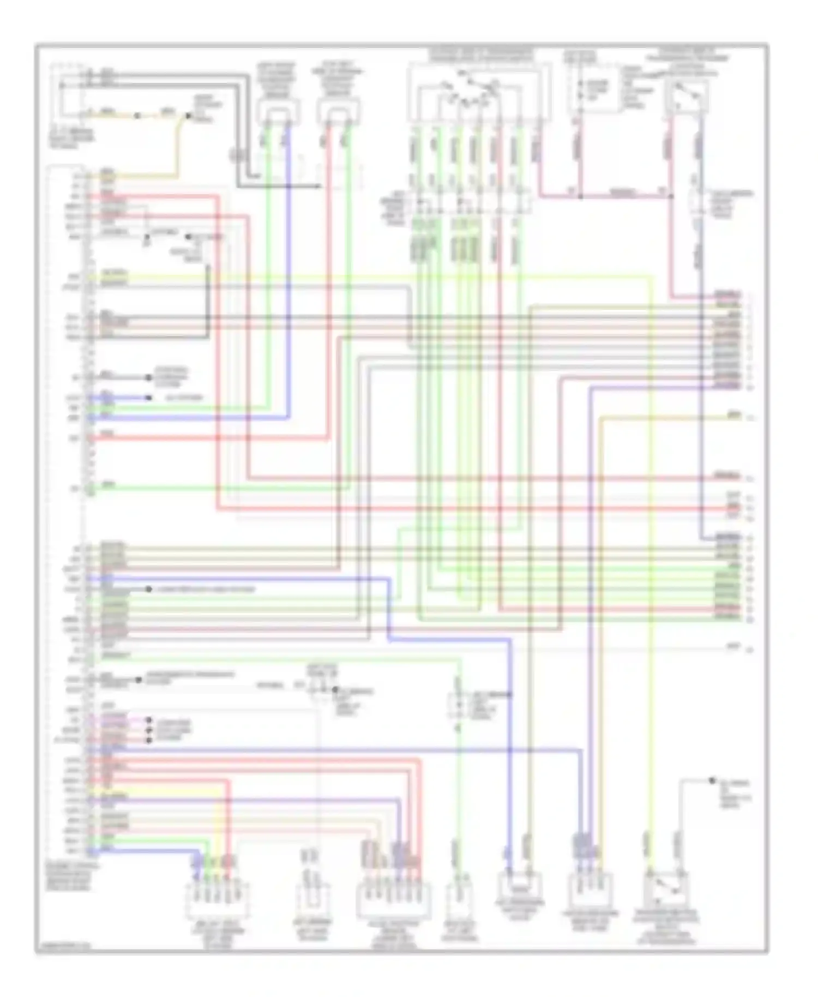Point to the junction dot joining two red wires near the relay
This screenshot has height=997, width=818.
coord(580,196)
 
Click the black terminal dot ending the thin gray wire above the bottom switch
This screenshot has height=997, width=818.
coord(712,780)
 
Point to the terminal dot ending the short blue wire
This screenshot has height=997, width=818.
coord(148,398)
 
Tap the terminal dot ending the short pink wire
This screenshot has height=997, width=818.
coord(148,720)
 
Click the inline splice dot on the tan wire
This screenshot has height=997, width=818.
coord(137,116)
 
